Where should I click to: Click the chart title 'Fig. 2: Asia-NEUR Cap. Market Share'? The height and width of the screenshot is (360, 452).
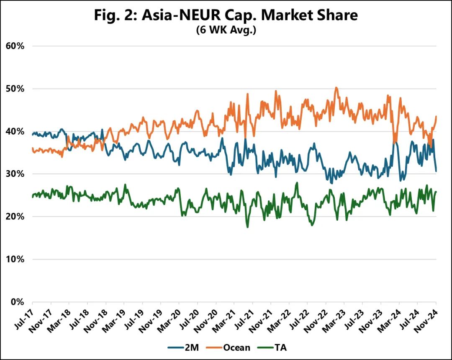click(226, 15)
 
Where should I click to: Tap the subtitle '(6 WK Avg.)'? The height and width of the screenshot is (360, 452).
click(226, 30)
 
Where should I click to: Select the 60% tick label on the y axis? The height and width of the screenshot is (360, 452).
click(15, 46)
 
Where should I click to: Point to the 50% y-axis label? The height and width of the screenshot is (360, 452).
click(15, 89)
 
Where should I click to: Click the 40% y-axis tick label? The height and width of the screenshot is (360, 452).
click(15, 131)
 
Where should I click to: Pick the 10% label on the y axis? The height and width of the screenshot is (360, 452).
click(15, 259)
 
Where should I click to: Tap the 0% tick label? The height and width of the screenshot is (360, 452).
click(17, 302)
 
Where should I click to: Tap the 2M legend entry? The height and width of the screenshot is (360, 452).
click(183, 347)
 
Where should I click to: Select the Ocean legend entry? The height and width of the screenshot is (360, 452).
click(229, 347)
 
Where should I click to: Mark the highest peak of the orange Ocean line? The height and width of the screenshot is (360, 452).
click(336, 87)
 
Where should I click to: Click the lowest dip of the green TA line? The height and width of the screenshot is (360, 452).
click(248, 227)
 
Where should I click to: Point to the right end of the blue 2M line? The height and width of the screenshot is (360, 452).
click(436, 171)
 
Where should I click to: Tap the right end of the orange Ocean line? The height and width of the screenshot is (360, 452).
click(436, 116)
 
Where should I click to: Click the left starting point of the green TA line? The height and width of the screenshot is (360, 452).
click(32, 197)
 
